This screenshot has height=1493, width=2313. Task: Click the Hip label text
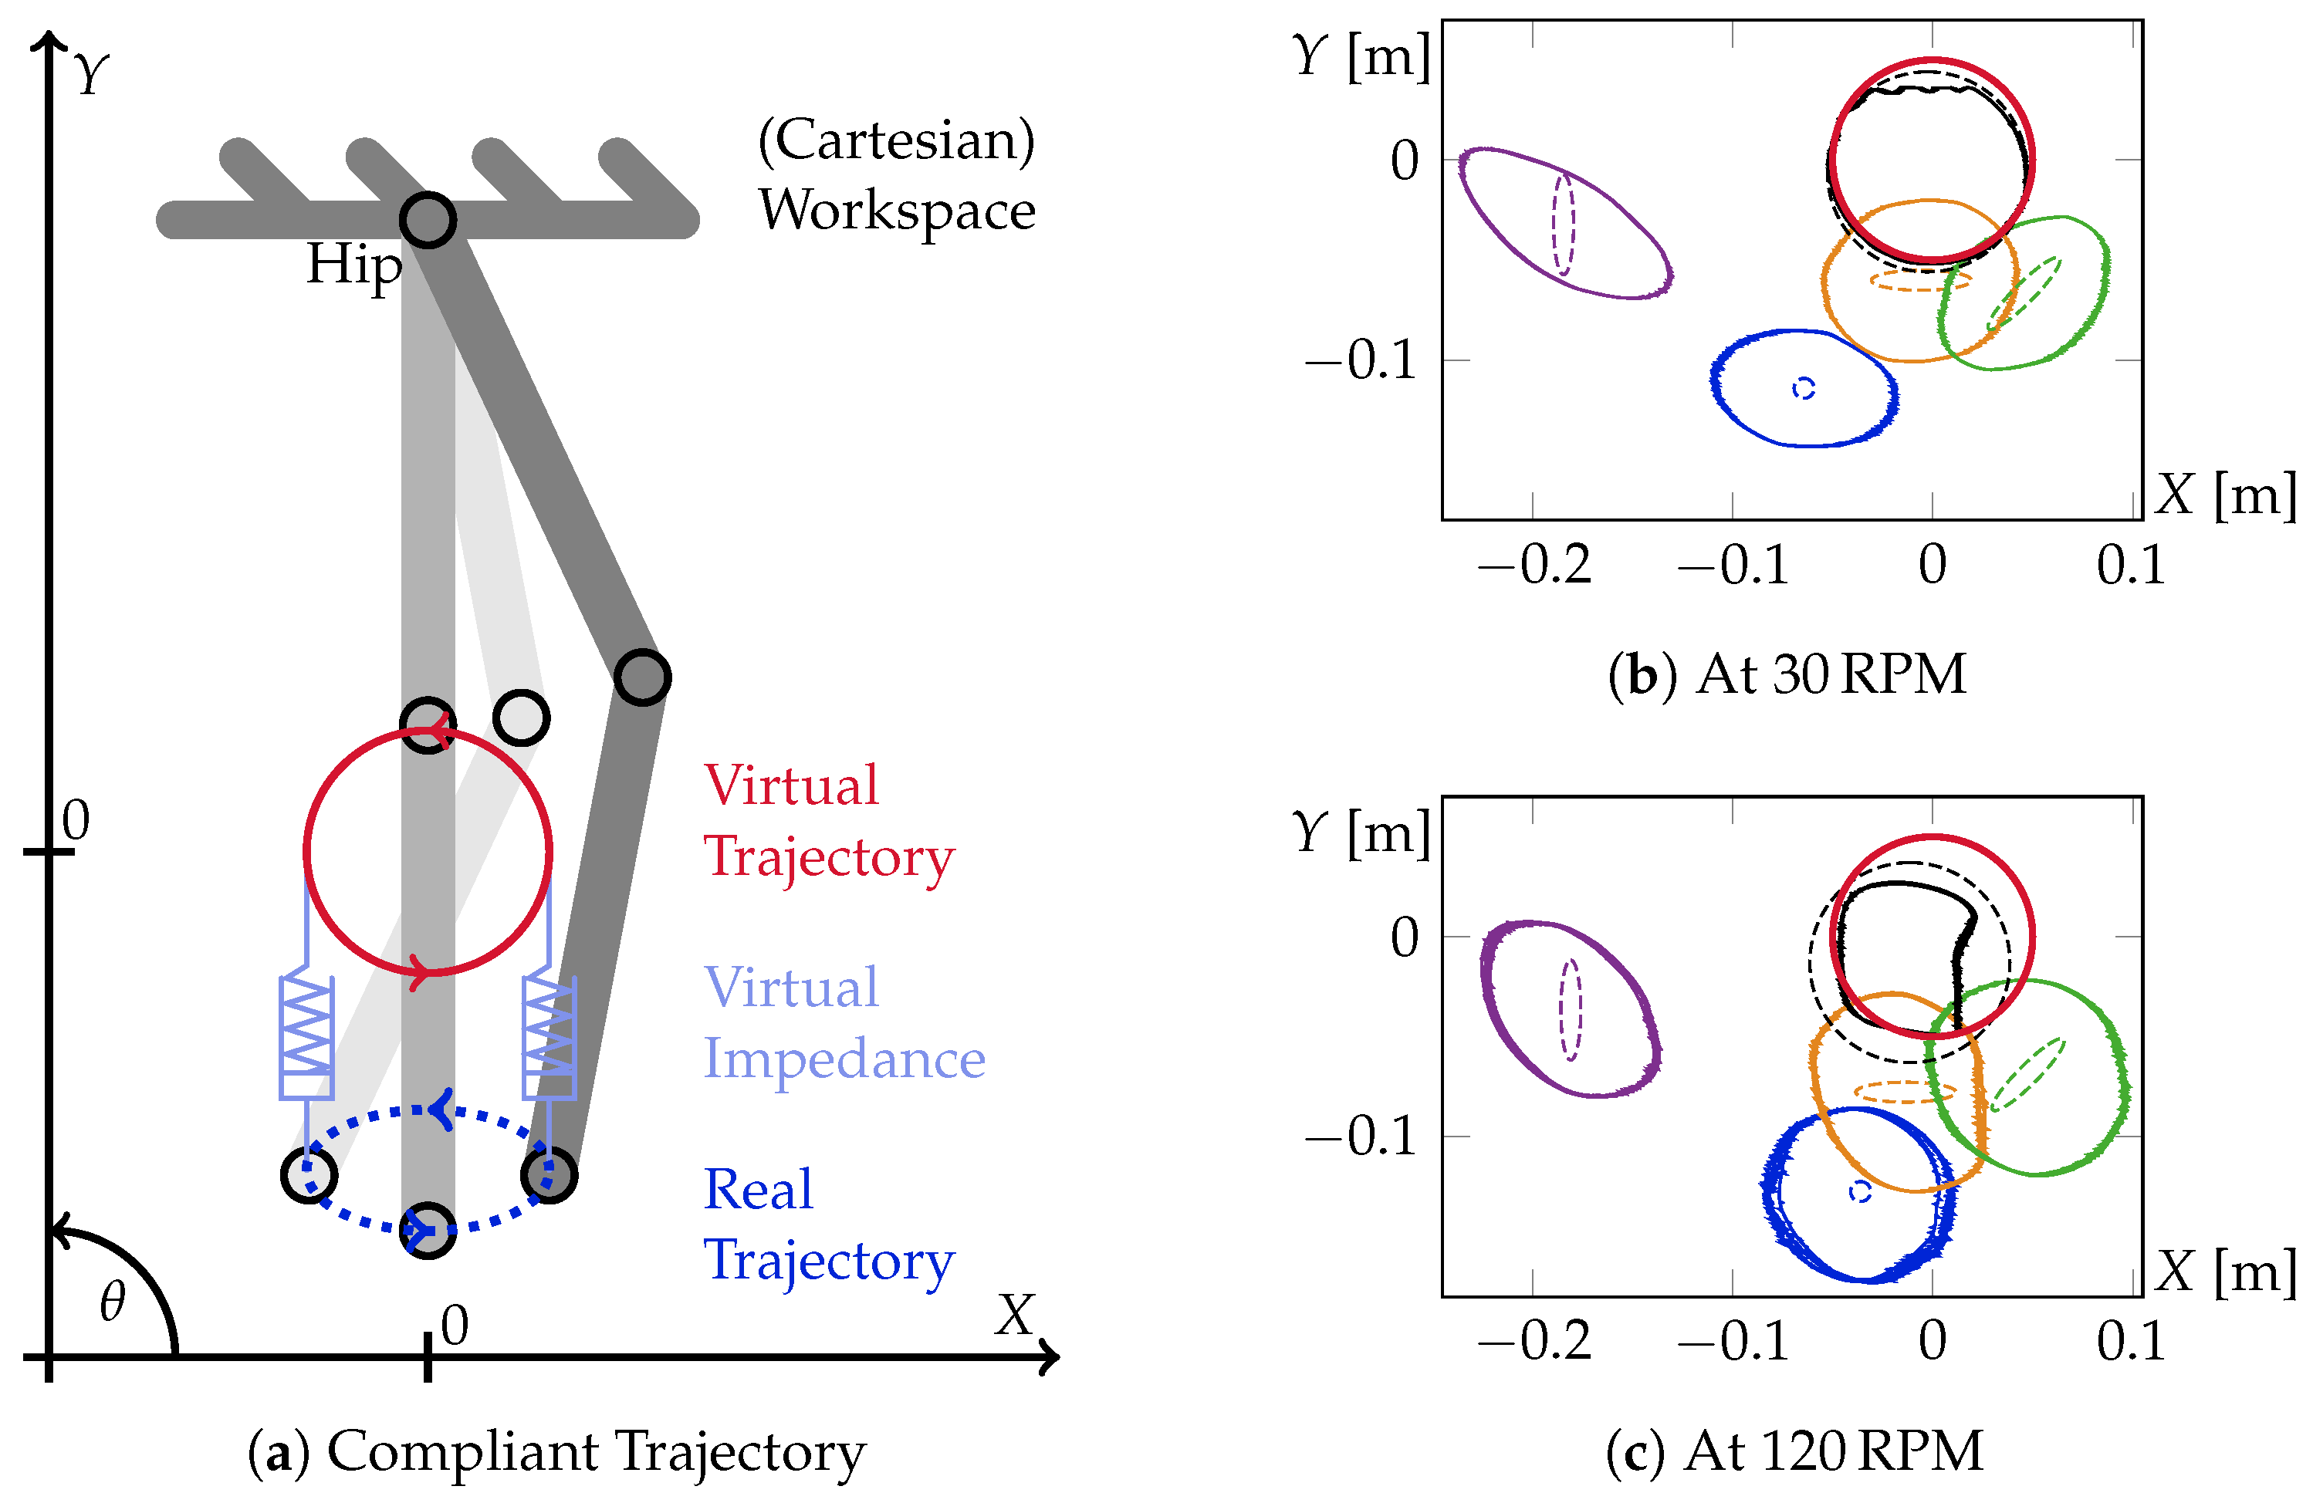tap(354, 265)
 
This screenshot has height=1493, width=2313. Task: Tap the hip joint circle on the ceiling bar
tap(428, 220)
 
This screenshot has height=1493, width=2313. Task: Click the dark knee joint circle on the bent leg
tap(642, 677)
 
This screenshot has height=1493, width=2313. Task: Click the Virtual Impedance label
tap(844, 1023)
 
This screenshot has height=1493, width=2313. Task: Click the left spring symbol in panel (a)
tap(306, 1037)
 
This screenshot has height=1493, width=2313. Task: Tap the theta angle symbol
tap(113, 1301)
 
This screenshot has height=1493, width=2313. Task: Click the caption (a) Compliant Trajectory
tap(556, 1452)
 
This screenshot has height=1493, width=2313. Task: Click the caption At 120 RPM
tap(1794, 1451)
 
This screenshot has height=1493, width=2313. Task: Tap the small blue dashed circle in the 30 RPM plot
tap(1803, 388)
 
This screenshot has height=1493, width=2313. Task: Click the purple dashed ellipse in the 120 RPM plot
tap(1570, 1009)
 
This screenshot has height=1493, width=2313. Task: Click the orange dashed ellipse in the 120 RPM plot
tap(1905, 1092)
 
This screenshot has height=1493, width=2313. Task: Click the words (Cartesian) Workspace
tap(897, 174)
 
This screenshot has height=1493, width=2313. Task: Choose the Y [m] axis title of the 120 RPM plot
tap(1361, 832)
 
